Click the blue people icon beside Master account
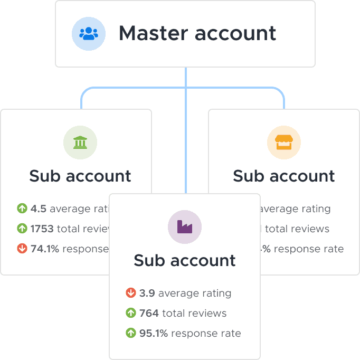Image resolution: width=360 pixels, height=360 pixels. [x=89, y=34]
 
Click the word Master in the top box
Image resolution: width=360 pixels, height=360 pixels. [x=153, y=33]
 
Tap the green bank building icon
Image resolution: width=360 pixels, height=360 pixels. [x=80, y=142]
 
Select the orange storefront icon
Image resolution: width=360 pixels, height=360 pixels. [x=283, y=142]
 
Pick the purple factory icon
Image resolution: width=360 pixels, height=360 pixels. [x=185, y=226]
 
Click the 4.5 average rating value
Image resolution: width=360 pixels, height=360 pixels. [x=39, y=209]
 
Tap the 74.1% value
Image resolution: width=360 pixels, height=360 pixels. [x=45, y=249]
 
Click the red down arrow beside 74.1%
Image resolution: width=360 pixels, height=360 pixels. [x=22, y=249]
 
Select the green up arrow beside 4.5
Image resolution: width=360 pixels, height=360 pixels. [x=22, y=209]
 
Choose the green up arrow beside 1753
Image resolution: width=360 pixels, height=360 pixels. [x=22, y=229]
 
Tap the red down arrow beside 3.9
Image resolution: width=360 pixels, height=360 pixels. [x=131, y=293]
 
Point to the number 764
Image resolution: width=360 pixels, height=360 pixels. [x=149, y=314]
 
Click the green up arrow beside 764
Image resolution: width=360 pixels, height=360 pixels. [x=131, y=314]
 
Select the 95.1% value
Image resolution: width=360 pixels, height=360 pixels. [x=154, y=333]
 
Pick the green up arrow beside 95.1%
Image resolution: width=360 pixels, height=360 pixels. [x=131, y=333]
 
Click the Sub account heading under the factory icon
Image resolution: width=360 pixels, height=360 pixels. [x=185, y=260]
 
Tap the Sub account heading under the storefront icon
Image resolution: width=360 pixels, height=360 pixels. [x=284, y=176]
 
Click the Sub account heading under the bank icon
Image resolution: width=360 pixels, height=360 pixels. [x=80, y=176]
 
